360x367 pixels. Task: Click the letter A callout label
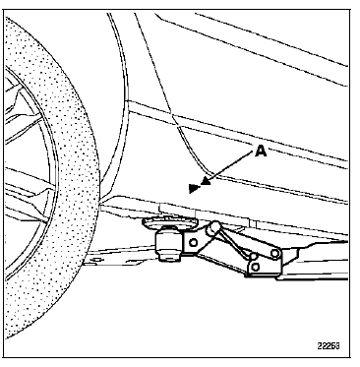tap(261, 152)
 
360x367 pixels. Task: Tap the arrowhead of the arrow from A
tap(206, 181)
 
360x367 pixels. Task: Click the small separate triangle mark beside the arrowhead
tap(194, 188)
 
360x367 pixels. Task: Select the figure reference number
tap(329, 345)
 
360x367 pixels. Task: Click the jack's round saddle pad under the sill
tap(168, 223)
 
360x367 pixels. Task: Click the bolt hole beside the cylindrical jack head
tap(194, 243)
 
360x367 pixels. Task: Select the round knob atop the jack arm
tap(213, 227)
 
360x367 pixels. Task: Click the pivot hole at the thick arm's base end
tap(275, 253)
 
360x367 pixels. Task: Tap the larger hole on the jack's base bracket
tap(255, 267)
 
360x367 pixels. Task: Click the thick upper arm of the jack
tap(246, 239)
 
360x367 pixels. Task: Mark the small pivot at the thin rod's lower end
tap(253, 256)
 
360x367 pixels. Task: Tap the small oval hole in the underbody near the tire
tap(95, 260)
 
